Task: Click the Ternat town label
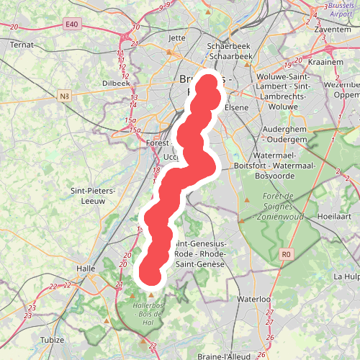[x=22, y=44]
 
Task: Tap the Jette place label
[x=176, y=38]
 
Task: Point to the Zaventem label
[x=333, y=30]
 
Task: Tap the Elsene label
[x=236, y=107]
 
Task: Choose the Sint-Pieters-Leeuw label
[x=88, y=196]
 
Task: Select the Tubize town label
[x=52, y=340]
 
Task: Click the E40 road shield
[x=70, y=24]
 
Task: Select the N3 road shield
[x=65, y=95]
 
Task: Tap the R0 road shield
[x=287, y=253]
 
